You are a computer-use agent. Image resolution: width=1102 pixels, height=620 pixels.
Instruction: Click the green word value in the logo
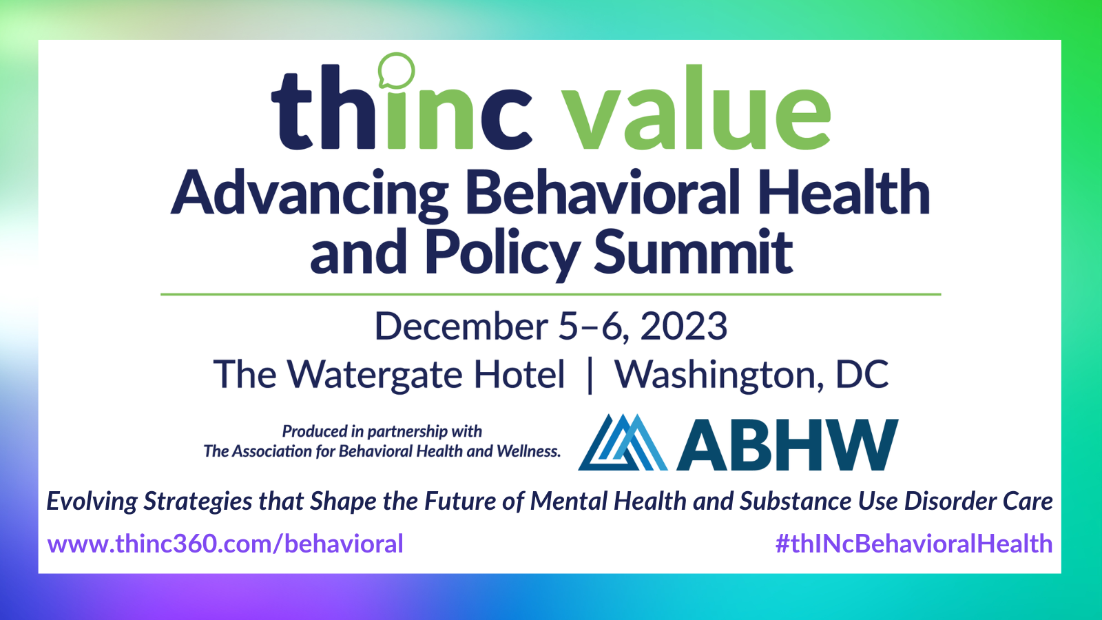(696, 107)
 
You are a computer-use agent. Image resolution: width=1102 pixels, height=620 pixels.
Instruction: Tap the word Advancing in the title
(309, 195)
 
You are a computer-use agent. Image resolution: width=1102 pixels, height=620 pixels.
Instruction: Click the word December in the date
(461, 326)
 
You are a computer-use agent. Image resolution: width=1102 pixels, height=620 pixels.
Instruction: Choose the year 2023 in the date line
(683, 326)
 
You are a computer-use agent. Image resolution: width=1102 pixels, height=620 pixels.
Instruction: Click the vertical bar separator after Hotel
(590, 376)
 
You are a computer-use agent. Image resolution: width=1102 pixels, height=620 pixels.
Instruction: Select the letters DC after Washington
(862, 375)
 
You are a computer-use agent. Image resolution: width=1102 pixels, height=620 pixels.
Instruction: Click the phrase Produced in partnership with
(382, 431)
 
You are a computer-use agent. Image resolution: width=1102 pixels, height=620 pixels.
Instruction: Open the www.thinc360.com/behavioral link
(225, 544)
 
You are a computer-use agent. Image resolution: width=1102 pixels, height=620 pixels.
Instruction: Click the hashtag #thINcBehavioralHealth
(914, 544)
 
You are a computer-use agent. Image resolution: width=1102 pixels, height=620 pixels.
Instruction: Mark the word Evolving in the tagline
(92, 502)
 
